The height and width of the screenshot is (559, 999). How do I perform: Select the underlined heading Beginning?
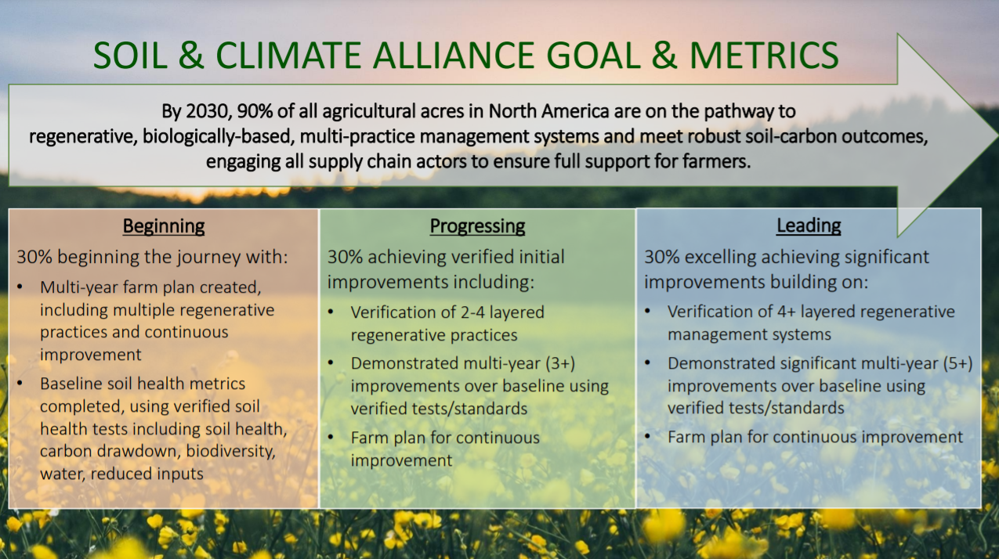(x=164, y=226)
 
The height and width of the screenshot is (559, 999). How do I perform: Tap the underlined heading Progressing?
(x=477, y=226)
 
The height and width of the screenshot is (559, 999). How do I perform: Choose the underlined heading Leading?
(x=809, y=226)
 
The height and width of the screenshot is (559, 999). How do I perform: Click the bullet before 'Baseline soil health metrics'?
(x=21, y=384)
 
